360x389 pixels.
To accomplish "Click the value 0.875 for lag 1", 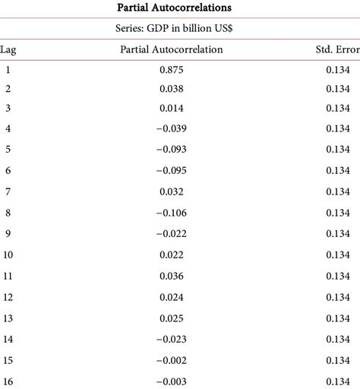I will coord(172,69).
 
